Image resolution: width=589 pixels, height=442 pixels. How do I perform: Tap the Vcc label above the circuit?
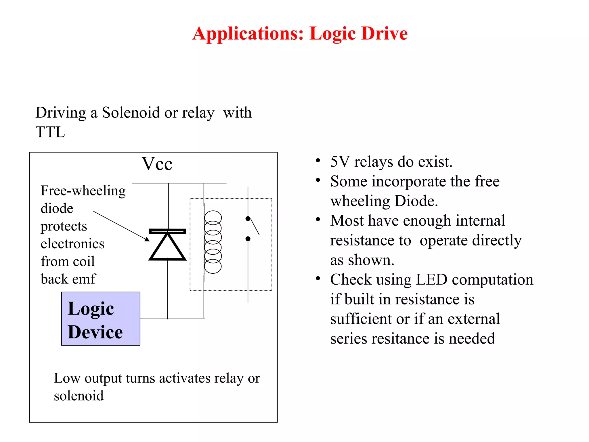pyautogui.click(x=157, y=164)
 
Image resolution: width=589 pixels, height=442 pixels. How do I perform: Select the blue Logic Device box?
pyautogui.click(x=101, y=319)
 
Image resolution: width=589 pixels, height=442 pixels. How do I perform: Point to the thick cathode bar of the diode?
pyautogui.click(x=167, y=231)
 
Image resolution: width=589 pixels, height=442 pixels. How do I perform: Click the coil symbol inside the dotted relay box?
pyautogui.click(x=213, y=242)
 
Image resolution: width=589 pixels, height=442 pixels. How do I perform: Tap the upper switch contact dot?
pyautogui.click(x=248, y=218)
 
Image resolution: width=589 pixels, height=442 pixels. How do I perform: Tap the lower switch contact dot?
pyautogui.click(x=248, y=239)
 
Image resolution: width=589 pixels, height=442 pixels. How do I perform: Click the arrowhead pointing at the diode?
pyautogui.click(x=147, y=239)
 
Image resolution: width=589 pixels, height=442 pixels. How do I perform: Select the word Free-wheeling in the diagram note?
pyautogui.click(x=83, y=191)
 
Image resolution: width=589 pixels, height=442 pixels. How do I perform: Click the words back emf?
pyautogui.click(x=68, y=279)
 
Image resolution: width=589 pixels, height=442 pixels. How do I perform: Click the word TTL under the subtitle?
pyautogui.click(x=50, y=132)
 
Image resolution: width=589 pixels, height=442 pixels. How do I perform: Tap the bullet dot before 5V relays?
pyautogui.click(x=318, y=161)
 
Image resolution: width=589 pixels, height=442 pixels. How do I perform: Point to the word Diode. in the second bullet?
pyautogui.click(x=416, y=201)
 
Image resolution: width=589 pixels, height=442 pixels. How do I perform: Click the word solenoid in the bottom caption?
pyautogui.click(x=79, y=396)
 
